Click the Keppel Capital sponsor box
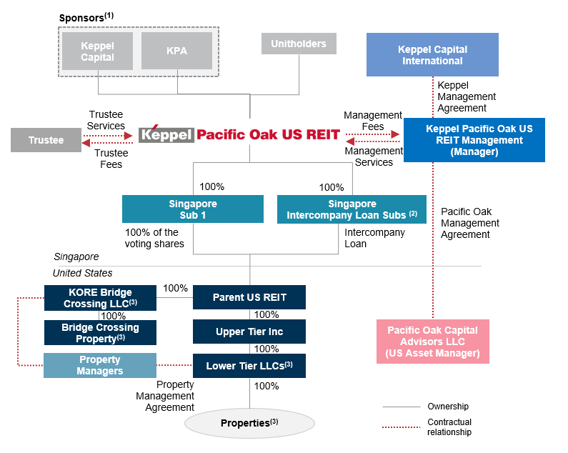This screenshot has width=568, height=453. pos(97,52)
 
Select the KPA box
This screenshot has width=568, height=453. pos(177,52)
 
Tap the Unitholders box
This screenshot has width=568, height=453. pos(298,44)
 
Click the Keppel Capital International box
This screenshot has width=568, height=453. pos(432,55)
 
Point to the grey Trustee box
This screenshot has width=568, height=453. pos(46,140)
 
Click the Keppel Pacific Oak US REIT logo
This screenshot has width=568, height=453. pos(239,134)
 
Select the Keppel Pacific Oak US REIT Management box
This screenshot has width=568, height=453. pos(474,140)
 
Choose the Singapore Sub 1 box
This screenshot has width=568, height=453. pos(192,209)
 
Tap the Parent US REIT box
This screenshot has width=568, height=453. pos(249,297)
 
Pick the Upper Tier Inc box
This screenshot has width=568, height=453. pos(249,332)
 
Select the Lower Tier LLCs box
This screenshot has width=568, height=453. pos(249,366)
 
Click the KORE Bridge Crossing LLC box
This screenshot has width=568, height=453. pos(100,297)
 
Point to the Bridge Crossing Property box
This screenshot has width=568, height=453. pos(100,332)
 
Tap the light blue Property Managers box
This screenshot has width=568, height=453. pos(100,365)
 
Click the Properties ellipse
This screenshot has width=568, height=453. pos(249,423)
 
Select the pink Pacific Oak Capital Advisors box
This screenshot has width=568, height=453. pos(432,342)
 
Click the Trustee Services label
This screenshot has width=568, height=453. pos(106,120)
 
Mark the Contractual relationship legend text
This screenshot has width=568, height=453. pos(449,427)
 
